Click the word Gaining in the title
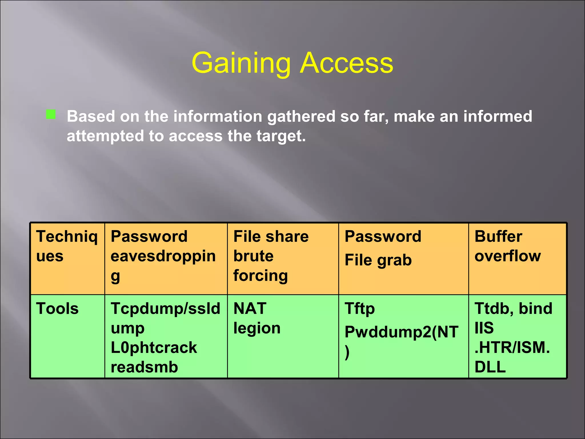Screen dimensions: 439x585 tap(241, 63)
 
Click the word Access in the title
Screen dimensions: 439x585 tap(346, 63)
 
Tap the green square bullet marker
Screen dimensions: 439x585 tap(51, 114)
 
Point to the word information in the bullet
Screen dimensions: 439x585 tap(218, 116)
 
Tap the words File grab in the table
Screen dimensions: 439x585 tap(378, 260)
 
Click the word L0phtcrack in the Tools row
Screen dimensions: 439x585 tap(154, 348)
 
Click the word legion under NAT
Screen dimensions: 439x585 tap(257, 328)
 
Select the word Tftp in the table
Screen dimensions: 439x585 tap(360, 309)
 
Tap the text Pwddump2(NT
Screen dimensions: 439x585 tap(401, 332)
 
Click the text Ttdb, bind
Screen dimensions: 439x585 tap(513, 309)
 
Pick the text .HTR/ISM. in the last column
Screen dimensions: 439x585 tap(512, 348)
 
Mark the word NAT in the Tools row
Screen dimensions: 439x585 tap(250, 309)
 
